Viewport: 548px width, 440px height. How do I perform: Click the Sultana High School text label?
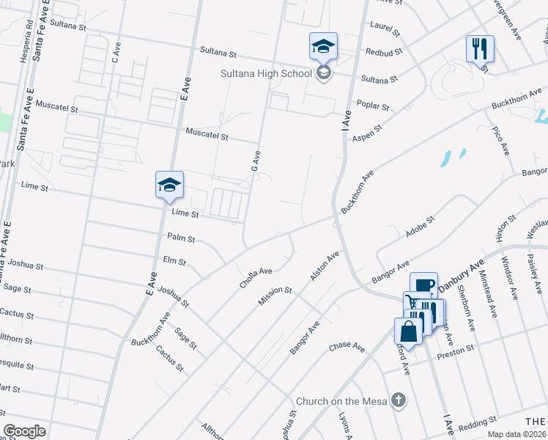[x=267, y=73]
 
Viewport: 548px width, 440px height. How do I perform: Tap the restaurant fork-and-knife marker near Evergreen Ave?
[x=480, y=49]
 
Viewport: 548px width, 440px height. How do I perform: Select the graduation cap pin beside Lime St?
[x=169, y=185]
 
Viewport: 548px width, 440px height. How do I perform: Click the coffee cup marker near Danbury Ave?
[x=423, y=285]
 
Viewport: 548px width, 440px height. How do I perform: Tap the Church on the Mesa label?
[x=341, y=401]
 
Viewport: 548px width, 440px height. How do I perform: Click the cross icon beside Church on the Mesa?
[x=398, y=400]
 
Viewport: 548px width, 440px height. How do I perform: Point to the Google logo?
[x=24, y=431]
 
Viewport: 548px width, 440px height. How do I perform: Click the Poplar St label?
[x=372, y=106]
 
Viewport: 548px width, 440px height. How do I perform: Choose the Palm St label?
[x=181, y=238]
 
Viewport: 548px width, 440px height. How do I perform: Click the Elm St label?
[x=174, y=261]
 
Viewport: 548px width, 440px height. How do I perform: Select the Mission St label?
[x=275, y=296]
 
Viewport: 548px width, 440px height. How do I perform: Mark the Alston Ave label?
[x=325, y=266]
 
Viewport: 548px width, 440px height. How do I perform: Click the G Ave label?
[x=256, y=162]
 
